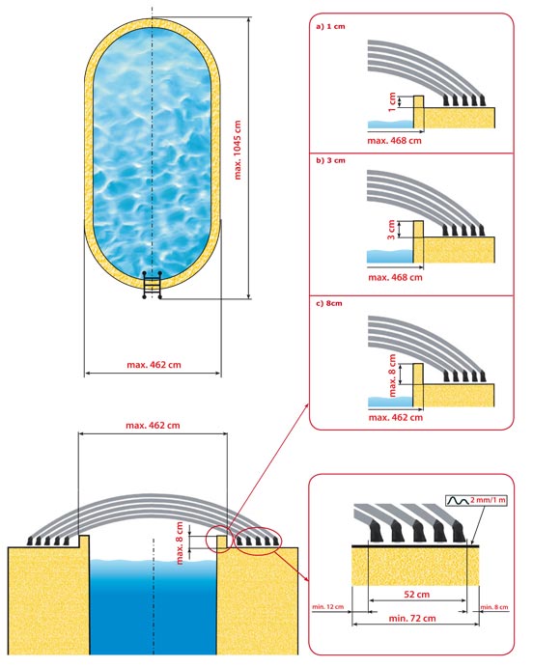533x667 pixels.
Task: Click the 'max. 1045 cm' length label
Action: (238, 150)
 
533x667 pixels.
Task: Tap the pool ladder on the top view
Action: (153, 285)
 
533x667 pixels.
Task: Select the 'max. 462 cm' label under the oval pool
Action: (154, 365)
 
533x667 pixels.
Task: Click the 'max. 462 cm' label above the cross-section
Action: (153, 425)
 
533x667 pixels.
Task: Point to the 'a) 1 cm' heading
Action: (330, 26)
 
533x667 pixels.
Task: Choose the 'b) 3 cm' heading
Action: (330, 160)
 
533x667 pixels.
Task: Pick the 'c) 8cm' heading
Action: (329, 303)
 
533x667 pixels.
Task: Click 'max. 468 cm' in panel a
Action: (394, 140)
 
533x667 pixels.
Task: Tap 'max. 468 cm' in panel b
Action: (395, 277)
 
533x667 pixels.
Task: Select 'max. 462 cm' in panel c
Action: (396, 417)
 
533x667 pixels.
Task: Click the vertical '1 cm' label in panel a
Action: (392, 102)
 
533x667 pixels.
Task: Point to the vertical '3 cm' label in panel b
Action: (391, 230)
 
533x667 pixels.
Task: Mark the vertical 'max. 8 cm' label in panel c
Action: (392, 375)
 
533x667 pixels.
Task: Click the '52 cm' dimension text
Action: (416, 595)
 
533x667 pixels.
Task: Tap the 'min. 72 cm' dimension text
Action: (412, 618)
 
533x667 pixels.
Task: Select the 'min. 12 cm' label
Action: (327, 606)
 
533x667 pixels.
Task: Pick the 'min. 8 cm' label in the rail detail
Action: (494, 607)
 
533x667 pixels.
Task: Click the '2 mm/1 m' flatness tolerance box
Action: (476, 500)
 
